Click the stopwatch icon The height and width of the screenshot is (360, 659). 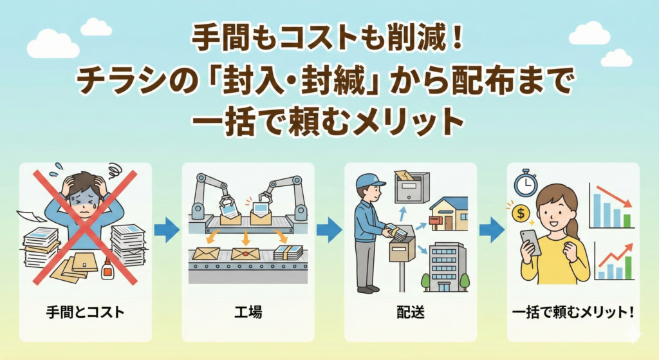(525, 184)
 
